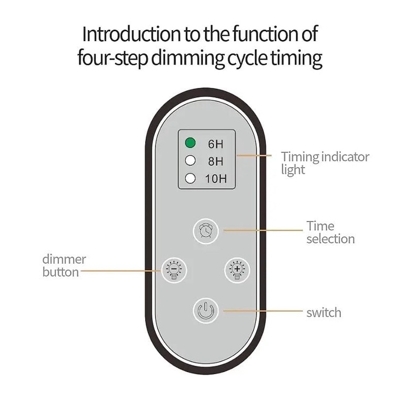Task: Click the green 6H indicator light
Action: point(190,143)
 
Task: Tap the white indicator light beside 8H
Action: point(190,161)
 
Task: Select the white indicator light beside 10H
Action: point(190,179)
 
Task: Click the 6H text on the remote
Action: point(215,144)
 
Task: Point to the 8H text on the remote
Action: point(215,162)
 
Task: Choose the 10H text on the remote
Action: point(216,179)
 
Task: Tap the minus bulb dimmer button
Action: point(174,270)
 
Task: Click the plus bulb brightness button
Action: point(237,270)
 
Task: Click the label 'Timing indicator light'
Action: point(325,163)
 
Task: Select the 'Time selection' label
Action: point(330,232)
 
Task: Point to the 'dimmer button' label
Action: point(64,266)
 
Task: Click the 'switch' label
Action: point(324,313)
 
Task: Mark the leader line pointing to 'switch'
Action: point(263,311)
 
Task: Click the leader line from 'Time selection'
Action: point(263,230)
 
